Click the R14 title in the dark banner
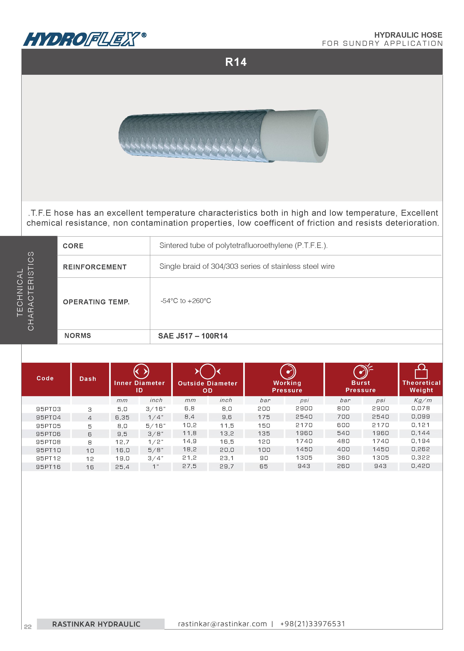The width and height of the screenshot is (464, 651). point(236,62)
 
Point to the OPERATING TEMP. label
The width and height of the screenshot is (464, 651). point(96,302)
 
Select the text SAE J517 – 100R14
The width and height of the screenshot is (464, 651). point(193,336)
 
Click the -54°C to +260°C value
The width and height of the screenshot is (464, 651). point(186,301)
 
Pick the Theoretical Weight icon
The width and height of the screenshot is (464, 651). point(421,371)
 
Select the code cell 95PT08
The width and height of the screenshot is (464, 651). point(48,442)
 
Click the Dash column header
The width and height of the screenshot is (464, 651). point(88,379)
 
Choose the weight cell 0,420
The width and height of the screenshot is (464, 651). point(421,466)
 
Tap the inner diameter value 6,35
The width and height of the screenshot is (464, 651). point(122,417)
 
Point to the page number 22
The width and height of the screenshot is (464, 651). point(28,627)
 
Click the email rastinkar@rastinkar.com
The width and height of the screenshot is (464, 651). point(222,624)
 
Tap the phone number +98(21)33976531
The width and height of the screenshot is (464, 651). point(312,624)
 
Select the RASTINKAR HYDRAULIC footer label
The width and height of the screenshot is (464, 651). point(96,624)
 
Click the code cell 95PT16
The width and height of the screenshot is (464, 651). point(48,467)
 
